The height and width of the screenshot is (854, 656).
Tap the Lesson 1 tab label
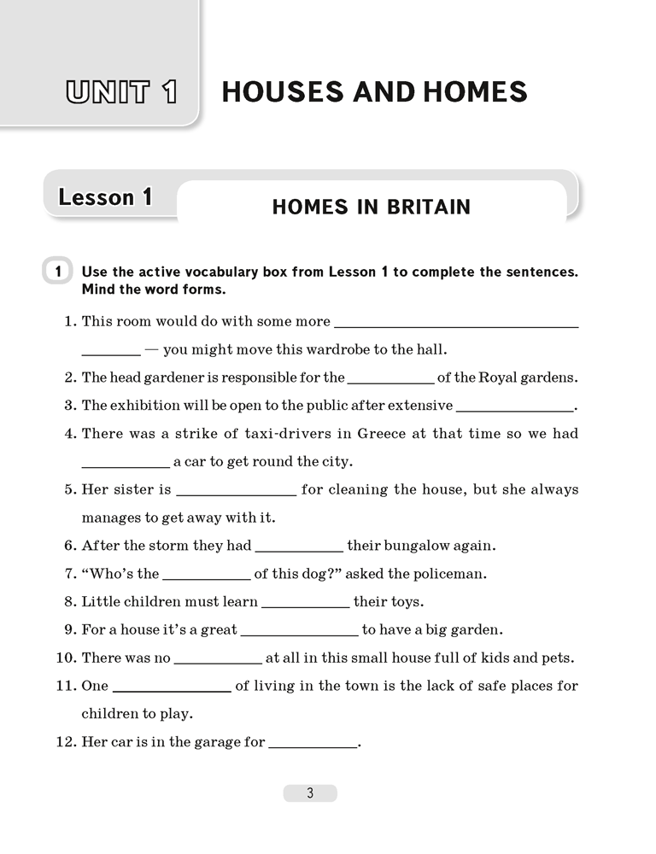pos(105,198)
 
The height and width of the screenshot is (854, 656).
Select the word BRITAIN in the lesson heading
pos(425,207)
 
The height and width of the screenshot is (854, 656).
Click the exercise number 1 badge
pos(57,272)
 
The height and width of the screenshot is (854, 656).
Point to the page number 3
pos(310,793)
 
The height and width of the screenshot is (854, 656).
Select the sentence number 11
pos(66,686)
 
